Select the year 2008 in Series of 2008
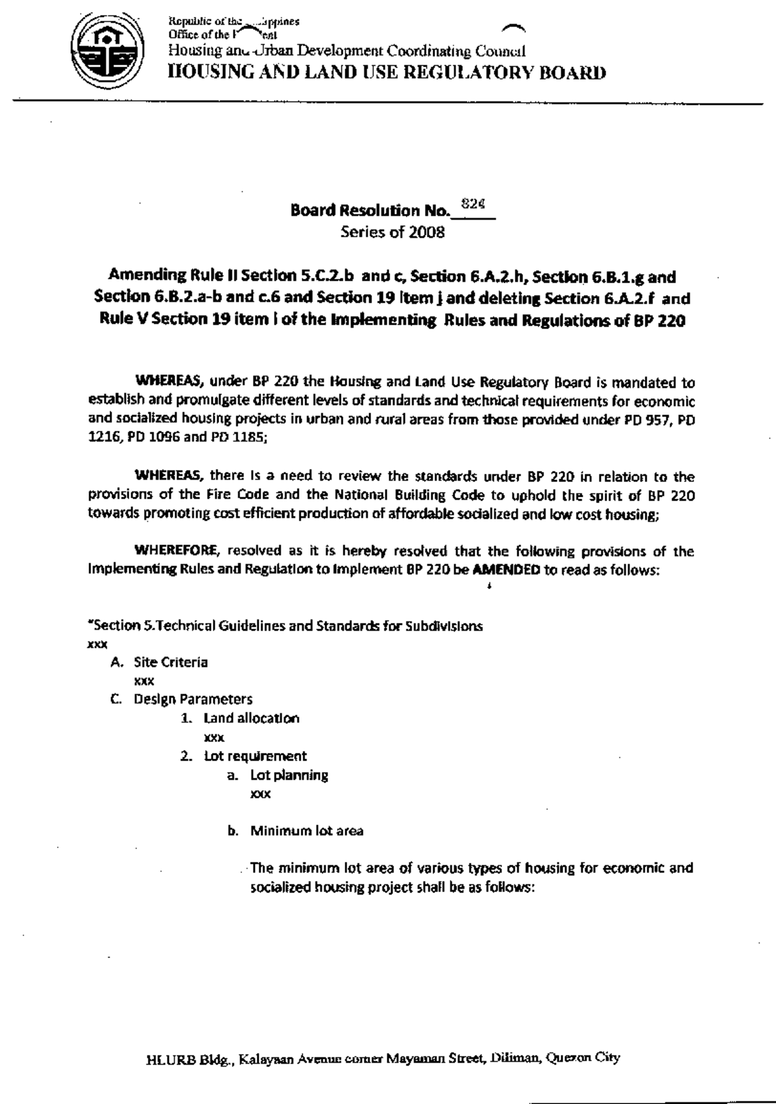pos(426,233)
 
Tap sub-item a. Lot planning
pos(279,775)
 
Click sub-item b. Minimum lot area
pos(296,831)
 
